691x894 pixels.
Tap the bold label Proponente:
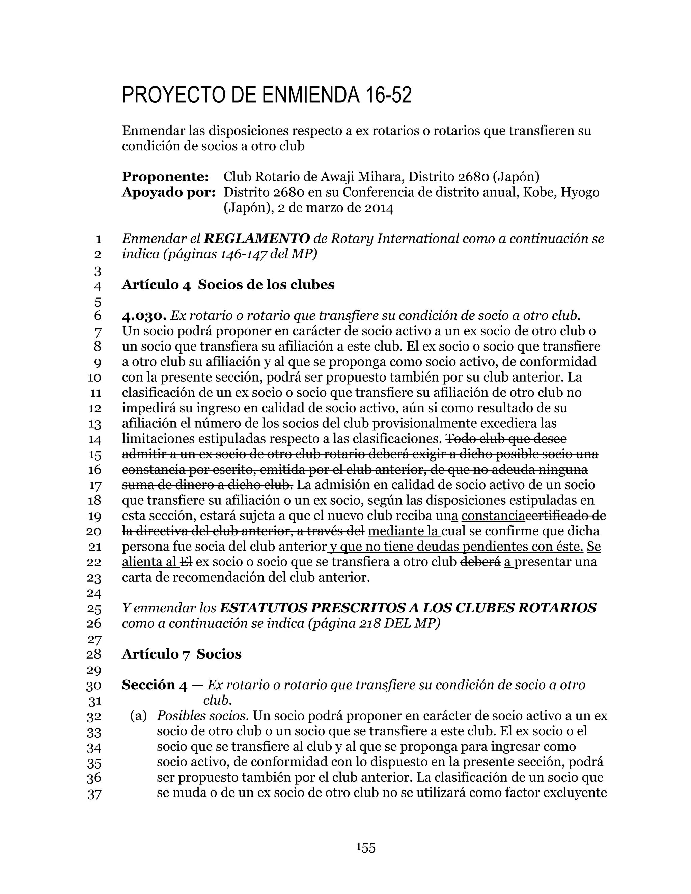[x=165, y=177]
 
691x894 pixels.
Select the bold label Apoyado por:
[x=169, y=192]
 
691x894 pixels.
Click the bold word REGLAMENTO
[x=257, y=239]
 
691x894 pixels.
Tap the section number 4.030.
[x=144, y=316]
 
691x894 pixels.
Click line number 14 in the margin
[x=94, y=440]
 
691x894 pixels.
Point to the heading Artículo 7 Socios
[x=181, y=654]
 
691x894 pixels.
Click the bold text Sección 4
[x=154, y=685]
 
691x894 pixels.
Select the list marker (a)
[x=138, y=716]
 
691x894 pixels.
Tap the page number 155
[x=365, y=847]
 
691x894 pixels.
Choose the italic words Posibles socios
[x=202, y=716]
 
